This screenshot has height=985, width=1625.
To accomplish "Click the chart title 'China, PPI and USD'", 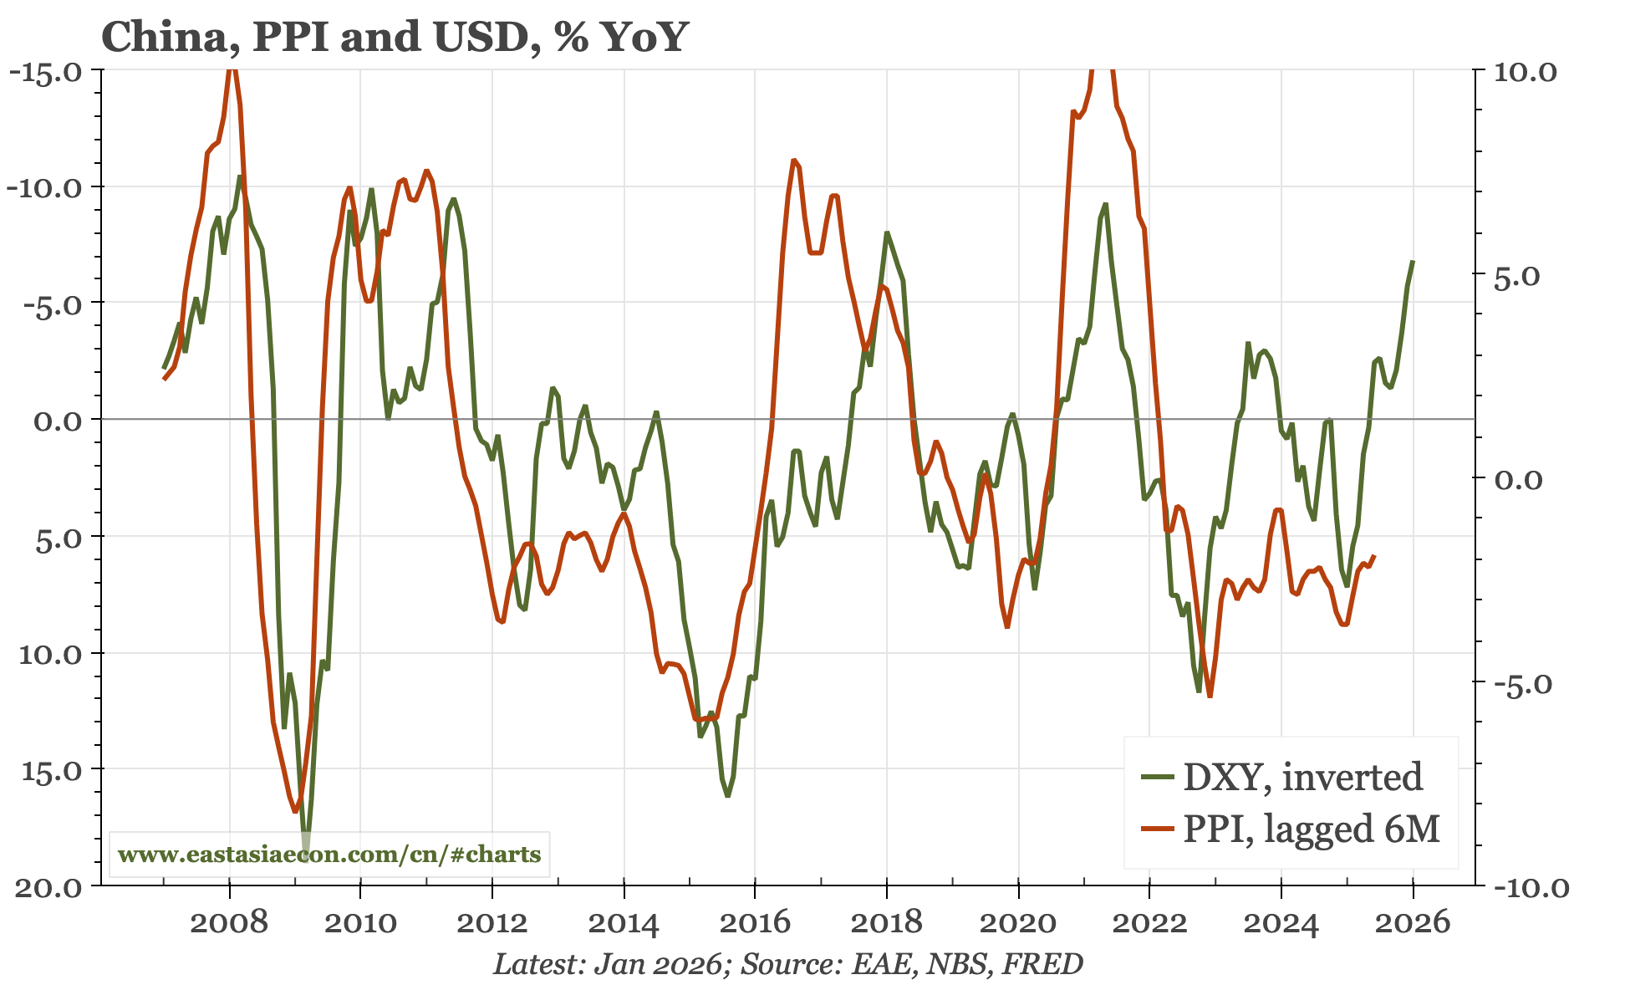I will [393, 37].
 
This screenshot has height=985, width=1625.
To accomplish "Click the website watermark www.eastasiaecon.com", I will [329, 855].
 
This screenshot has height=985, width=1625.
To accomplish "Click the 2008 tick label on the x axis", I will [229, 923].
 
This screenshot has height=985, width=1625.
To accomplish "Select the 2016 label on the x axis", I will [755, 923].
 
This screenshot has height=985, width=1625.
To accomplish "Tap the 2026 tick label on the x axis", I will [1413, 923].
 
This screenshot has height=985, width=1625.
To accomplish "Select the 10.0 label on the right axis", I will [1526, 72].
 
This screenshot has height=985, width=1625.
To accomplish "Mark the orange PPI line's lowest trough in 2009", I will [295, 811].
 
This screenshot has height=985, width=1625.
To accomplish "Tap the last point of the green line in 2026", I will [1413, 262].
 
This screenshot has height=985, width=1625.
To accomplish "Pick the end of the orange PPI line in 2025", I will [1374, 556].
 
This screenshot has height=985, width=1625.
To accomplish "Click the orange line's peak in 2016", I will [793, 161].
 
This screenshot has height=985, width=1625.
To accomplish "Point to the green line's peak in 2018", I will [886, 233].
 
